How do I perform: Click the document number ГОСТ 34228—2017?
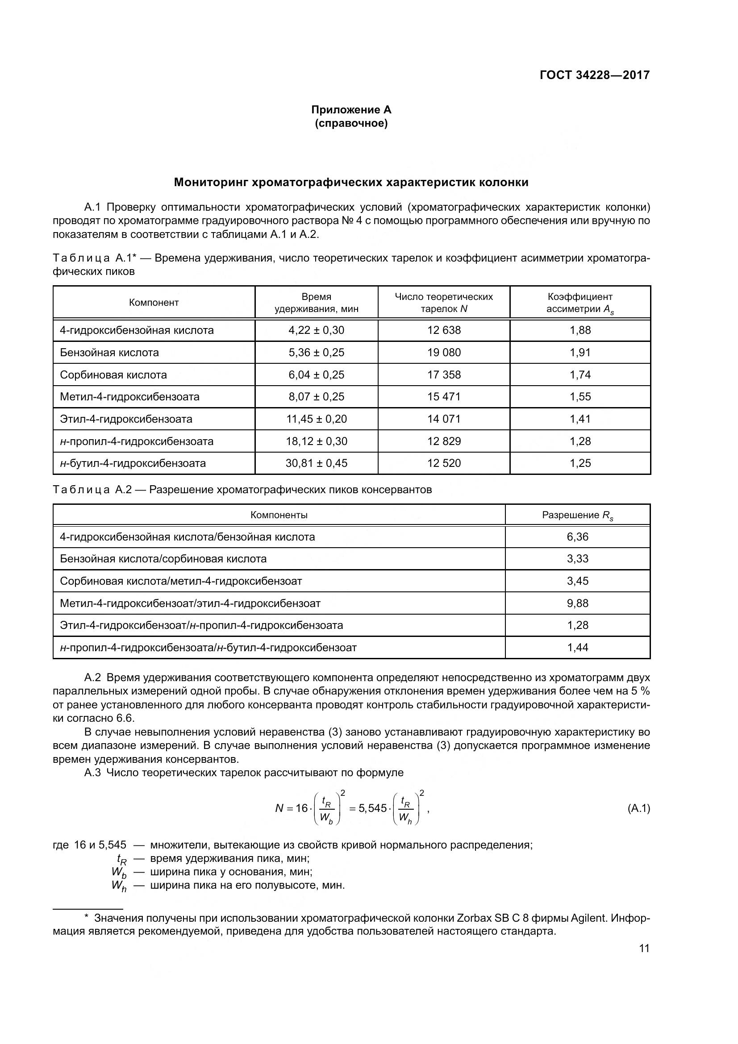tap(594, 75)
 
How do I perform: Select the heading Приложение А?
tap(351, 110)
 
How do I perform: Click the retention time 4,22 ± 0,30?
tap(316, 330)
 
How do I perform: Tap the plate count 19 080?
tap(444, 353)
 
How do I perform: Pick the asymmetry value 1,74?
tap(580, 374)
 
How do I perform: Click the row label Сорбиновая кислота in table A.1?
tap(113, 374)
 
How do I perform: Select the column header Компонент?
tap(154, 302)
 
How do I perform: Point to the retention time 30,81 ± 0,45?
tap(316, 463)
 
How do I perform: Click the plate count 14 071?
tap(444, 419)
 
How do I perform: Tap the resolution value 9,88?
tap(577, 603)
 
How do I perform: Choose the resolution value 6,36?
tap(577, 537)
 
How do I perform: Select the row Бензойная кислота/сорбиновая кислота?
tap(163, 559)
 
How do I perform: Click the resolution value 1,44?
tap(577, 647)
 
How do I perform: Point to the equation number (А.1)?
tap(638, 808)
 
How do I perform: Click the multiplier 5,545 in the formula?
tap(372, 808)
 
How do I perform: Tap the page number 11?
tap(644, 948)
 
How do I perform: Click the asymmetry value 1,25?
tap(580, 463)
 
